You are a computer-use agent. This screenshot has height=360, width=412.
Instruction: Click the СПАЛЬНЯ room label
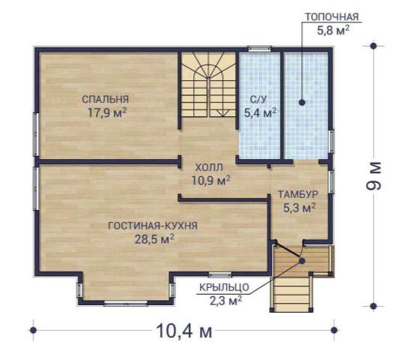[x=106, y=99]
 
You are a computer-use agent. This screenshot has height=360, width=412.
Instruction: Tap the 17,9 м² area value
[x=107, y=112]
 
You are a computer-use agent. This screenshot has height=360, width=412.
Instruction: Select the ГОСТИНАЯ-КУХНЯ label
[x=153, y=226]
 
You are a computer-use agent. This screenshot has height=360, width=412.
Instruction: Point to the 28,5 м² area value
[x=154, y=239]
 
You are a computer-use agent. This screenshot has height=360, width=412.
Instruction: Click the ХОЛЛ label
[x=209, y=167]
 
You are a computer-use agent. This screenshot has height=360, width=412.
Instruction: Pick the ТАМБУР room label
[x=298, y=194]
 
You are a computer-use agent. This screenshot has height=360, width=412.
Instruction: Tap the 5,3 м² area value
[x=300, y=208]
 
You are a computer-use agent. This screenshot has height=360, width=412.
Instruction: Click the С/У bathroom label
[x=258, y=99]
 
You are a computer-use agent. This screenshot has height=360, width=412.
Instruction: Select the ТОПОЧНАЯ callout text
[x=332, y=16]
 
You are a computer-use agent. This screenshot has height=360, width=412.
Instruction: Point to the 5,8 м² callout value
[x=333, y=30]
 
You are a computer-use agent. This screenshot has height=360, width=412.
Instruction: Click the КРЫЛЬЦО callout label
[x=224, y=287]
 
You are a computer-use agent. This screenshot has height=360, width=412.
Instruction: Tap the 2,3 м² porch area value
[x=225, y=300]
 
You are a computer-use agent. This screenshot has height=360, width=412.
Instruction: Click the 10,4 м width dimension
[x=184, y=331]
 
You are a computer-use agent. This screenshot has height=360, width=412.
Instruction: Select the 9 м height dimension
[x=373, y=175]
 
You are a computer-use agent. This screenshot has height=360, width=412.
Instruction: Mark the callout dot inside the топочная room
[x=302, y=103]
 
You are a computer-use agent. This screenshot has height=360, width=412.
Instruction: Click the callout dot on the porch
[x=302, y=261]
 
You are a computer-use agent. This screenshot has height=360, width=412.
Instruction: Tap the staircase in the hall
[x=209, y=85]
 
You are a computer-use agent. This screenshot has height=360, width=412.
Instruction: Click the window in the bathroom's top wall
[x=260, y=49]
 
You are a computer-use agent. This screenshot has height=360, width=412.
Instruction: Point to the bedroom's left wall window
[x=36, y=134]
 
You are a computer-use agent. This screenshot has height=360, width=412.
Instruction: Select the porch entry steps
[x=291, y=294]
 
